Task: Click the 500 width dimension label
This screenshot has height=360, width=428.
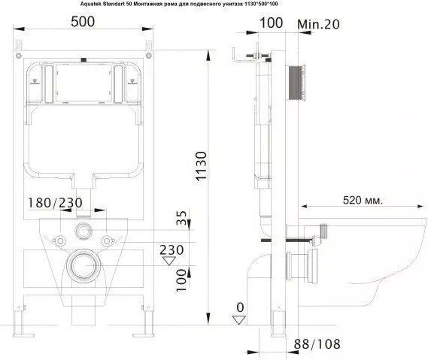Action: (83, 22)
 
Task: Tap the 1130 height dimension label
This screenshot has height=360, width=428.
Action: (202, 166)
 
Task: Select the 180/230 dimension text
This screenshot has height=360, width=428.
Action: (56, 203)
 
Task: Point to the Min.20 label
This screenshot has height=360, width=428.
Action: (318, 24)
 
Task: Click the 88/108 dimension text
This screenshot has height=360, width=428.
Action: (317, 344)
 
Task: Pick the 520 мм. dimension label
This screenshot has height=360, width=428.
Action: (363, 201)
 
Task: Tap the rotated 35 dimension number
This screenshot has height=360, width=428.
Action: (181, 218)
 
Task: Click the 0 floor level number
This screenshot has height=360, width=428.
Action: (240, 307)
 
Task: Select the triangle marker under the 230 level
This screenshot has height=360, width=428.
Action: (169, 261)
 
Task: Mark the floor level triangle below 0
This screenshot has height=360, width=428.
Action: (239, 320)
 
